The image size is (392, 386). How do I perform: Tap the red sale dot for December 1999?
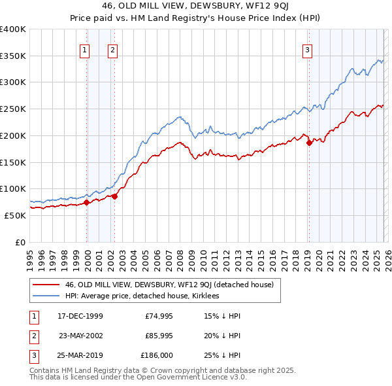pos(87,202)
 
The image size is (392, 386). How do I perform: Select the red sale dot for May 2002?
pos(114,196)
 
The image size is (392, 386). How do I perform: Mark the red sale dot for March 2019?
pos(309,143)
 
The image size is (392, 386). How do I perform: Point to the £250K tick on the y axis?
pos(13,109)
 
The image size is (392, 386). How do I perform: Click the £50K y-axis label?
pos(15,215)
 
